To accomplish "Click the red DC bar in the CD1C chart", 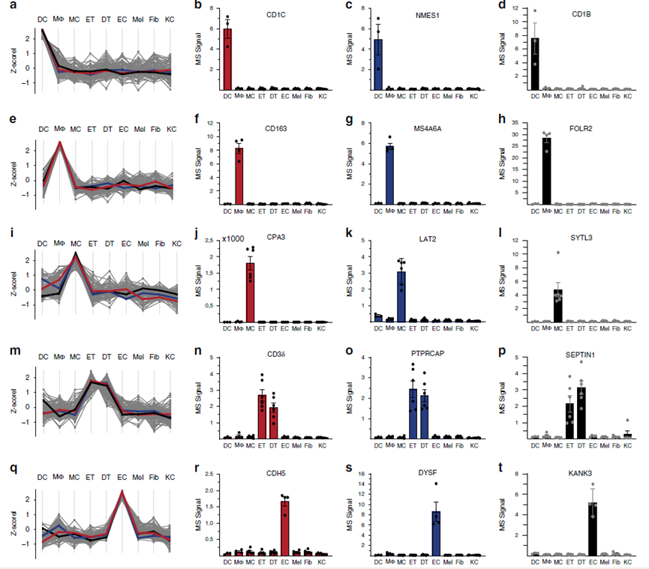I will (227, 59).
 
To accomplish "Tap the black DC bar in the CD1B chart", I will (535, 64).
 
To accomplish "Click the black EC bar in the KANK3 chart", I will (593, 529).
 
